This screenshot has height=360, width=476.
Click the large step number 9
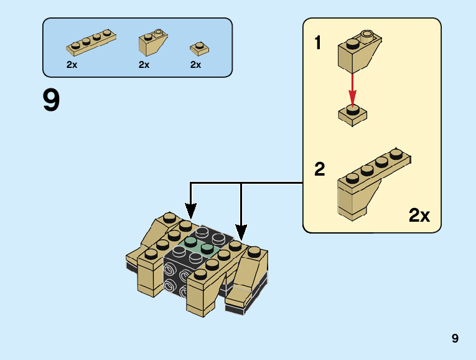point(52,100)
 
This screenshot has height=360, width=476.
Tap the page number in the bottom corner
point(455,338)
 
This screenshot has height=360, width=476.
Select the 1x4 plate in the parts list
point(91,42)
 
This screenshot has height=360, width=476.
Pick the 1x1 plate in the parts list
point(198,47)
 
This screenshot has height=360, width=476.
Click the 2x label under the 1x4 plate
point(72,65)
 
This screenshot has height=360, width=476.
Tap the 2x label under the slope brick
point(144,65)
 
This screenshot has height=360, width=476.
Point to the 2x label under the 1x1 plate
point(195,65)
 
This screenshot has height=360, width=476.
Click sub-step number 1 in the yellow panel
point(318,44)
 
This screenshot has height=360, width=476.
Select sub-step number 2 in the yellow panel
point(319,169)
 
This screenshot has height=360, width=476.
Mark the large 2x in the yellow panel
point(419,216)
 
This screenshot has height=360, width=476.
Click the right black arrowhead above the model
point(241,232)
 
